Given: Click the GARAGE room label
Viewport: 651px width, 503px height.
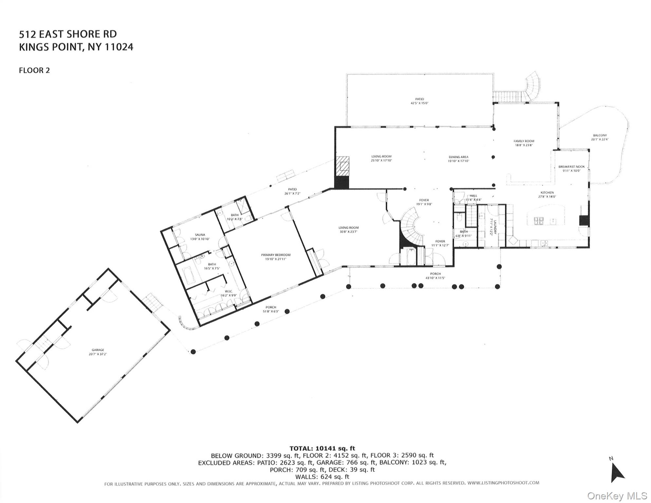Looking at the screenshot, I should pos(98,350).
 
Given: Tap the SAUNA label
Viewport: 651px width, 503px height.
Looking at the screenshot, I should pos(200,235).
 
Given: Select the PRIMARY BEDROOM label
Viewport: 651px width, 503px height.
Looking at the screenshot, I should pos(275,255).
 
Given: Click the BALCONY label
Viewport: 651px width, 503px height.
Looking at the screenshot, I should pos(600,135).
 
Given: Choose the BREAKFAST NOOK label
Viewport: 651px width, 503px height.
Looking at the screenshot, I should pos(571,167).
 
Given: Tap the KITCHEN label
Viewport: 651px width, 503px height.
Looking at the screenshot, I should pos(547,193).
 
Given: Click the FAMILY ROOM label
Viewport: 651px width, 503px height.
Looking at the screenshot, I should pos(524,141).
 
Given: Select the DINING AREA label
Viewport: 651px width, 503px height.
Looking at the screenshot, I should pos(458,157).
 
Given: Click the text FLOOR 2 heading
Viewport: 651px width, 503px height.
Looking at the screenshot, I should pos(34,70).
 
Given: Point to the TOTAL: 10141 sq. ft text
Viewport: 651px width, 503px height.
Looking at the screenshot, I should pos(322,448).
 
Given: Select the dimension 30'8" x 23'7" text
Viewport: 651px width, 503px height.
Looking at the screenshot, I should pos(348,232).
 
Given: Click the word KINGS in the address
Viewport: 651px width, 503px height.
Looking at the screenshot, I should pos(34,47).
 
